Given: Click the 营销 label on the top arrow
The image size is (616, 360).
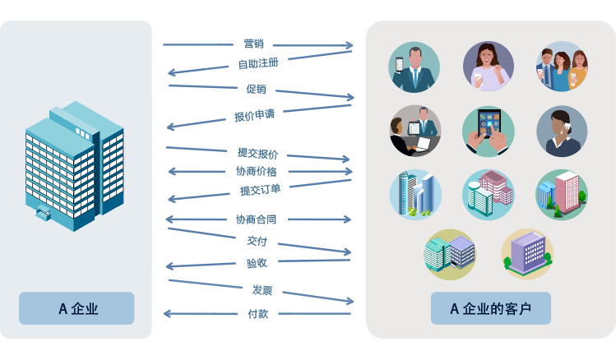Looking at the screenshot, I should point(253,44).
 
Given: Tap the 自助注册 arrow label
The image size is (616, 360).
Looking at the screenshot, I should point(258,63).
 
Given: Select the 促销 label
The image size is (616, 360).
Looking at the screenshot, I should point(256,89).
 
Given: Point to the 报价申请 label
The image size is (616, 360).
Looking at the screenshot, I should point(254,116).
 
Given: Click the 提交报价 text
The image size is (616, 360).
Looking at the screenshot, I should point(257,153).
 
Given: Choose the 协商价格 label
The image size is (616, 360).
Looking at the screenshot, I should point(256,172).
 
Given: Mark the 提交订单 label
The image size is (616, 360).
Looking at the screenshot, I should point(260,190).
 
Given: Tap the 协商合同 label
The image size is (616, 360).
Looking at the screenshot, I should point(256,219).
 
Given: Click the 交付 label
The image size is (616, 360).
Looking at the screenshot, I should point(257,242).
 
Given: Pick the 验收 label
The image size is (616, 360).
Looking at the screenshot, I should point(257,263).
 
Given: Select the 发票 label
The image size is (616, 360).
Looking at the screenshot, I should point(262,289).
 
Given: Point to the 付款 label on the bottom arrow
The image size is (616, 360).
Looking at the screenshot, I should point(257,313).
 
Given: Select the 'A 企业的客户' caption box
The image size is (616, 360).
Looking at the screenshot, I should point(490,309).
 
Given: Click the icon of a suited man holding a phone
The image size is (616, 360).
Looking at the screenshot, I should point(415,67).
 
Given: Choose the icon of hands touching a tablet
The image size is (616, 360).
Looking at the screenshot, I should point(488,132).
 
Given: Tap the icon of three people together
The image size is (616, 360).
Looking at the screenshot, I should point(562,67).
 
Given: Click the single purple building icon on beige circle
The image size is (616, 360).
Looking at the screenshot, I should point(527,254).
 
